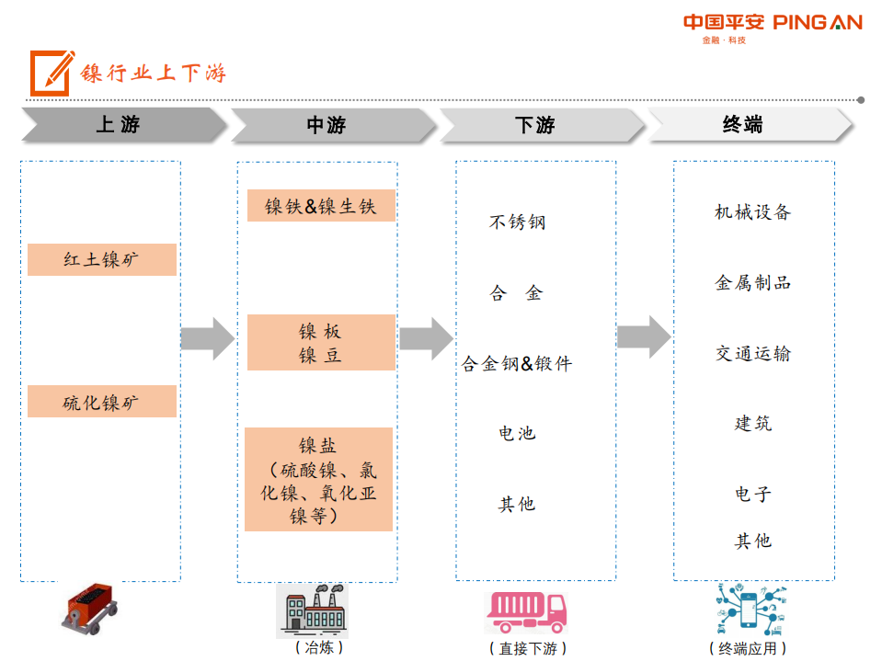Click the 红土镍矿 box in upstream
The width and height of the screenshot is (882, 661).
[x=102, y=260]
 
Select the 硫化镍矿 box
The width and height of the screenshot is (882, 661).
[x=102, y=402]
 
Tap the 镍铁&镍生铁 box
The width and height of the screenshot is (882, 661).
[x=321, y=206]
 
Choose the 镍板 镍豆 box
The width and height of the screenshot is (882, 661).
[x=321, y=343]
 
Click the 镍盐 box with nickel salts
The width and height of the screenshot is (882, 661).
[x=319, y=480]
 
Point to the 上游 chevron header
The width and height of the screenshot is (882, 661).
[x=120, y=125]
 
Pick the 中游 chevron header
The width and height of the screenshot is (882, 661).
[x=328, y=125]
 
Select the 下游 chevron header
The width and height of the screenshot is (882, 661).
[x=537, y=125]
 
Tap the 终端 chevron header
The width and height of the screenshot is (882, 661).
[x=746, y=125]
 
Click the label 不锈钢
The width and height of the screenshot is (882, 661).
[x=517, y=222]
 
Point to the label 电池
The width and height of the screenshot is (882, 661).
[x=517, y=433]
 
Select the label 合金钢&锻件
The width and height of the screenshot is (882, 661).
[x=517, y=363]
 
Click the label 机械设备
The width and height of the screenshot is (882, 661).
[x=752, y=212]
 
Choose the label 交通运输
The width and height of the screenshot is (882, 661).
[x=752, y=353]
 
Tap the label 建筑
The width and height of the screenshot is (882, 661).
[x=752, y=423]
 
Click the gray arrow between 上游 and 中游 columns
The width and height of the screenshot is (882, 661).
[x=208, y=338]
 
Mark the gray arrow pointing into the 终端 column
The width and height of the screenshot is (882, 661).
[x=644, y=336]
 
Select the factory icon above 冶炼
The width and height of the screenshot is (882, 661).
[x=314, y=611]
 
